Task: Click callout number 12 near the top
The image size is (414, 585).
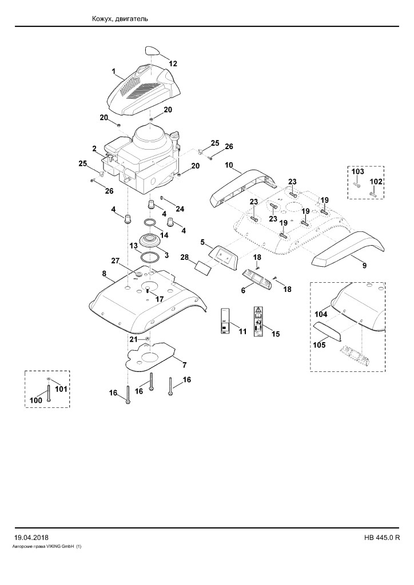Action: tap(173, 63)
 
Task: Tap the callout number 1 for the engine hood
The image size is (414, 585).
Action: tap(114, 70)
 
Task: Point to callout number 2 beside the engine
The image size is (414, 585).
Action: tap(94, 149)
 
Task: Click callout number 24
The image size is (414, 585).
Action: tap(180, 209)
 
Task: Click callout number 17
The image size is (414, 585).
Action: tap(160, 299)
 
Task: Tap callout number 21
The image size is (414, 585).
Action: tap(134, 339)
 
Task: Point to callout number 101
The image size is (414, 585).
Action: tap(61, 388)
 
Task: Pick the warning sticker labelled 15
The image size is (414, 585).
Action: tap(257, 322)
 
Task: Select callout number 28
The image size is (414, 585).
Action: tap(185, 257)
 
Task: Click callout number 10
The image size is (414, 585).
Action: tap(229, 165)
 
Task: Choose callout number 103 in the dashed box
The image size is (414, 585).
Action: tap(357, 171)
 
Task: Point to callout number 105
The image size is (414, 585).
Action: tap(319, 344)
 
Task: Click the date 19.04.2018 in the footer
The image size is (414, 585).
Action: tap(31, 538)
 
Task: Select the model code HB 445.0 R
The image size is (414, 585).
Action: tap(382, 538)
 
